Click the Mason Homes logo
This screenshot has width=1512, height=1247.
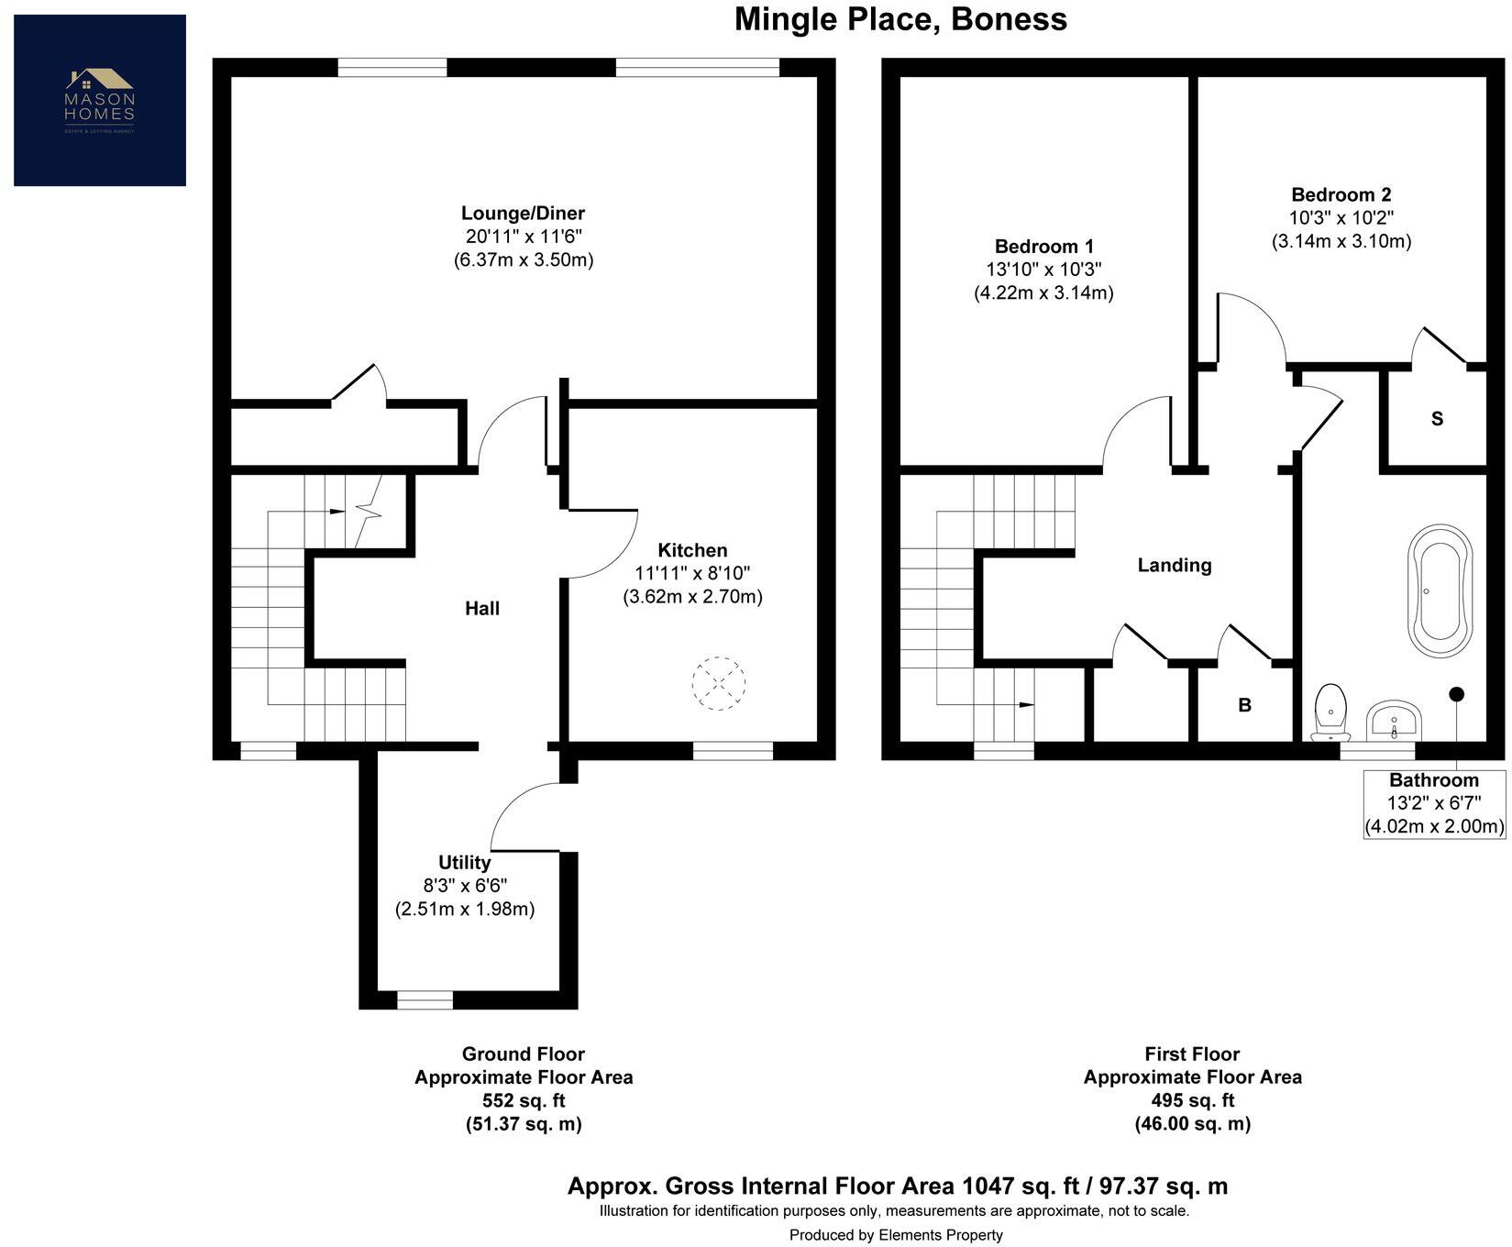[x=100, y=100]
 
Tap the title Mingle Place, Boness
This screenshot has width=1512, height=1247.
[x=900, y=19]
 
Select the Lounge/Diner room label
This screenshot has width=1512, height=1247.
[x=523, y=214]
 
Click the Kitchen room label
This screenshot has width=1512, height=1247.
[x=692, y=550]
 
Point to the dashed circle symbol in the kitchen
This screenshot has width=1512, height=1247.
[x=719, y=683]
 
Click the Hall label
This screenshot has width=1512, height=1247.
[x=482, y=608]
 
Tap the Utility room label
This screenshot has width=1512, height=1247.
[x=464, y=863]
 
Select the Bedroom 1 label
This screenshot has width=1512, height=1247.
[x=1043, y=247]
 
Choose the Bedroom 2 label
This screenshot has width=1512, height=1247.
[x=1341, y=194]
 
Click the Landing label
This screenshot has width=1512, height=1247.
[x=1175, y=566]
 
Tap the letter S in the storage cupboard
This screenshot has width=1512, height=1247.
[x=1437, y=419]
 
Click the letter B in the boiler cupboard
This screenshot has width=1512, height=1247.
[x=1244, y=705]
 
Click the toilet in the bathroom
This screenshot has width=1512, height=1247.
[x=1330, y=712]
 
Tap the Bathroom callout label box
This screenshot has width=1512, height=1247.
[x=1434, y=804]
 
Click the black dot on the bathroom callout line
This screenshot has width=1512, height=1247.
[x=1456, y=694]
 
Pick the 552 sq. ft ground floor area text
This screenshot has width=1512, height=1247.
[x=524, y=1100]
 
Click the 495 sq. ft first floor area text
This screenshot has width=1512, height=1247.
[x=1192, y=1100]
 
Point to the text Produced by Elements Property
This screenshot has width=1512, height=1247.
[x=896, y=1235]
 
